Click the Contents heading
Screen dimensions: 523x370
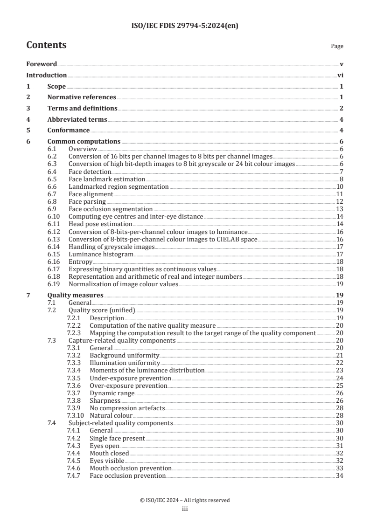click(x=46, y=45)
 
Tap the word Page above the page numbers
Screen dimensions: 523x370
click(x=337, y=46)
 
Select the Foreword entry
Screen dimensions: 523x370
click(x=42, y=64)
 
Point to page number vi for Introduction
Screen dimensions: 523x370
click(x=340, y=75)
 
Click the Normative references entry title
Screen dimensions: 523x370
click(x=82, y=97)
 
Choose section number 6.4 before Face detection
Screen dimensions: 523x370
click(x=52, y=172)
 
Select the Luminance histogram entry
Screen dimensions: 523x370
click(x=101, y=255)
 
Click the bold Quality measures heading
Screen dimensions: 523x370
click(x=76, y=295)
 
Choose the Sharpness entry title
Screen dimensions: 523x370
click(x=105, y=400)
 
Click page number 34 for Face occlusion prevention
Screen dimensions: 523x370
click(x=340, y=475)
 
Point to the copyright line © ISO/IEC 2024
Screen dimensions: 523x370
click(x=185, y=500)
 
